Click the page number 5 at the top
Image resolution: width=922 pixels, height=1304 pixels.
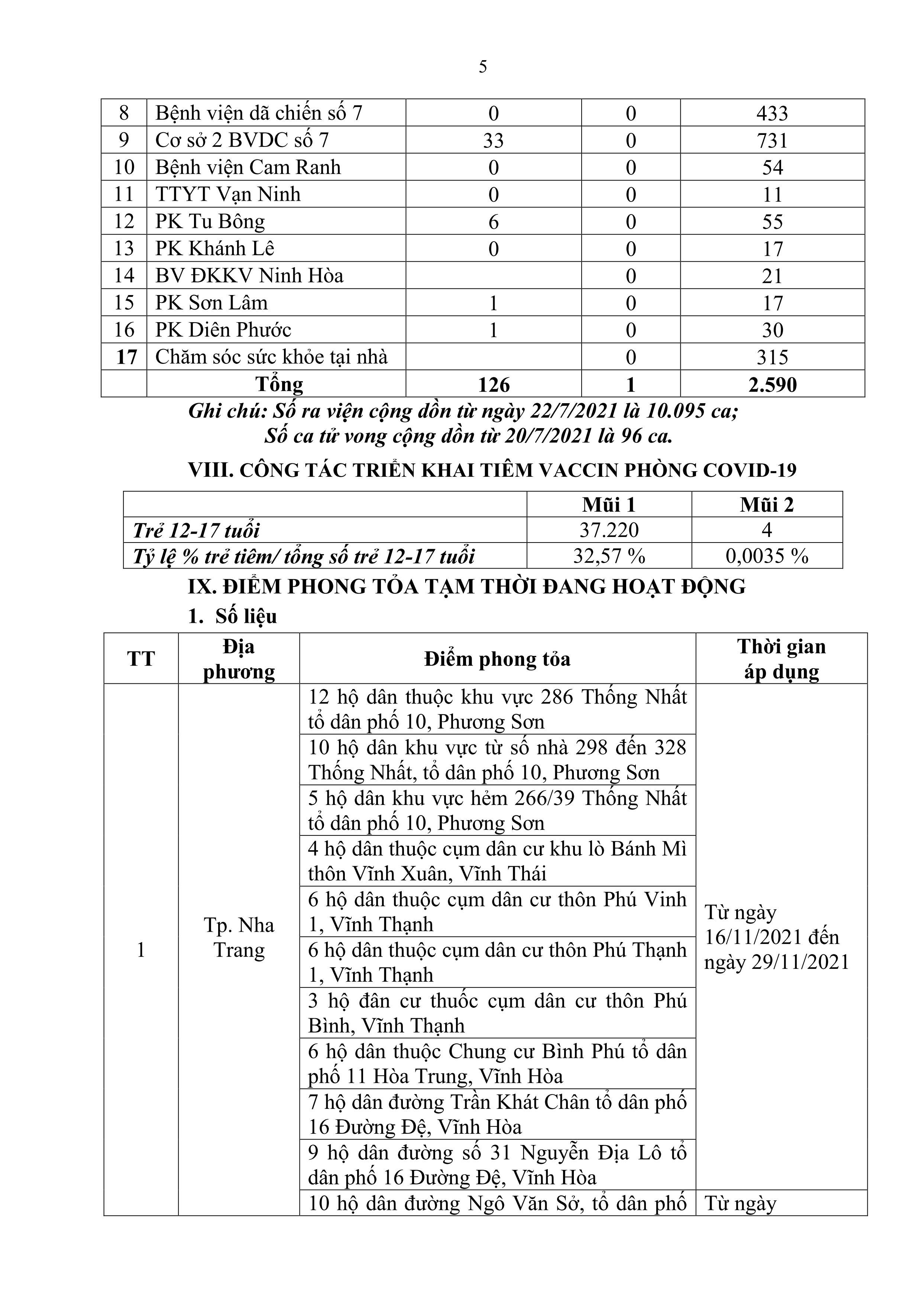pos(482,67)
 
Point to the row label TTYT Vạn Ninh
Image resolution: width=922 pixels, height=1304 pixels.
pos(228,195)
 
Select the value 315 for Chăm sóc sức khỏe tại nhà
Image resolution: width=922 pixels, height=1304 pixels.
pos(772,357)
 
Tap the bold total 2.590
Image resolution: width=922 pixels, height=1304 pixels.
pos(772,385)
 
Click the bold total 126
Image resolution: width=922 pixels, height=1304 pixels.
pos(493,385)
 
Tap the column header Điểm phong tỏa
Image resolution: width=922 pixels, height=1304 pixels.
pos(497,659)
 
